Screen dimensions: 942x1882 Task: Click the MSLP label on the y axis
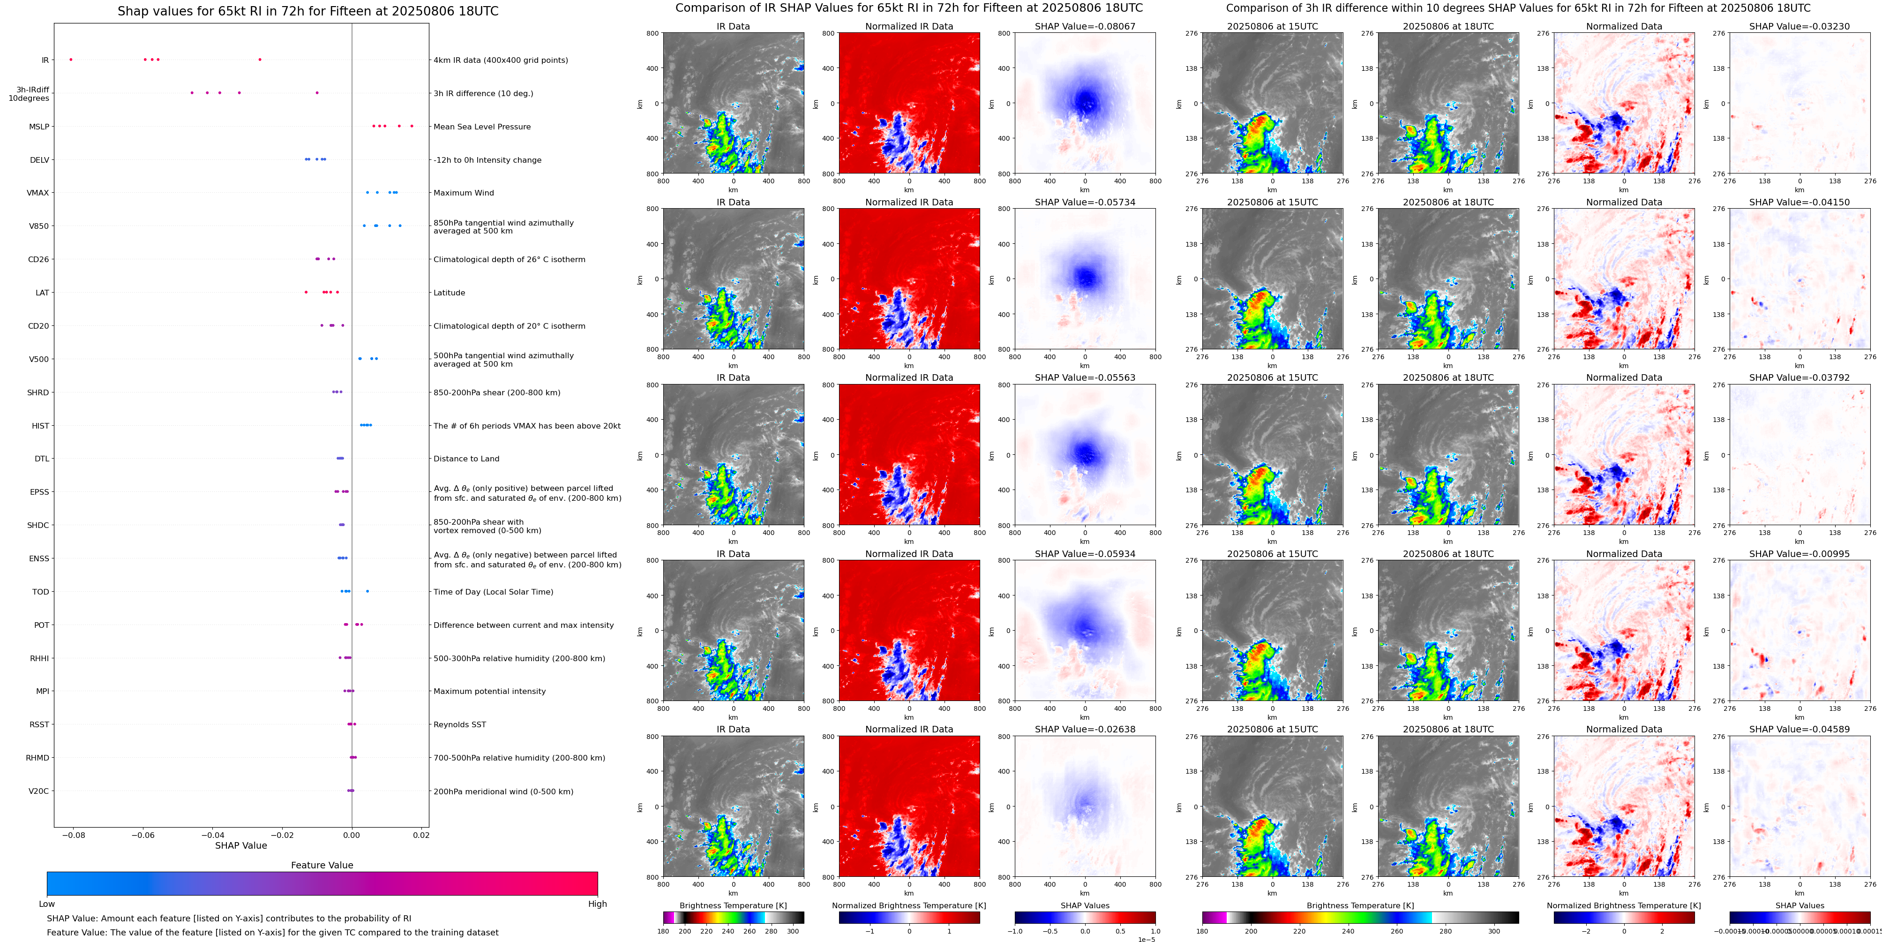[39, 127]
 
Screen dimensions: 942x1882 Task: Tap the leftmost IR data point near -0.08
[71, 59]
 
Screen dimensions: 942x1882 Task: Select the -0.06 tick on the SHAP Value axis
[142, 835]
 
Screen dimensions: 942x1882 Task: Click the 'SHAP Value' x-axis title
[241, 845]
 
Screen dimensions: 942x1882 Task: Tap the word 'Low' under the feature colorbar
[47, 904]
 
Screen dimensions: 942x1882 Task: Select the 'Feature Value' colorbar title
[322, 865]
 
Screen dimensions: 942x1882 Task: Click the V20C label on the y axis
[39, 791]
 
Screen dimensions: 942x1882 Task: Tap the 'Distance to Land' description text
[466, 459]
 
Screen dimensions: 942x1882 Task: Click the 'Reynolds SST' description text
[459, 725]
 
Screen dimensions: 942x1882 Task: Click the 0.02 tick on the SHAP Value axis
[421, 835]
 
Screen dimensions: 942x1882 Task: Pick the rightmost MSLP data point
[412, 126]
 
